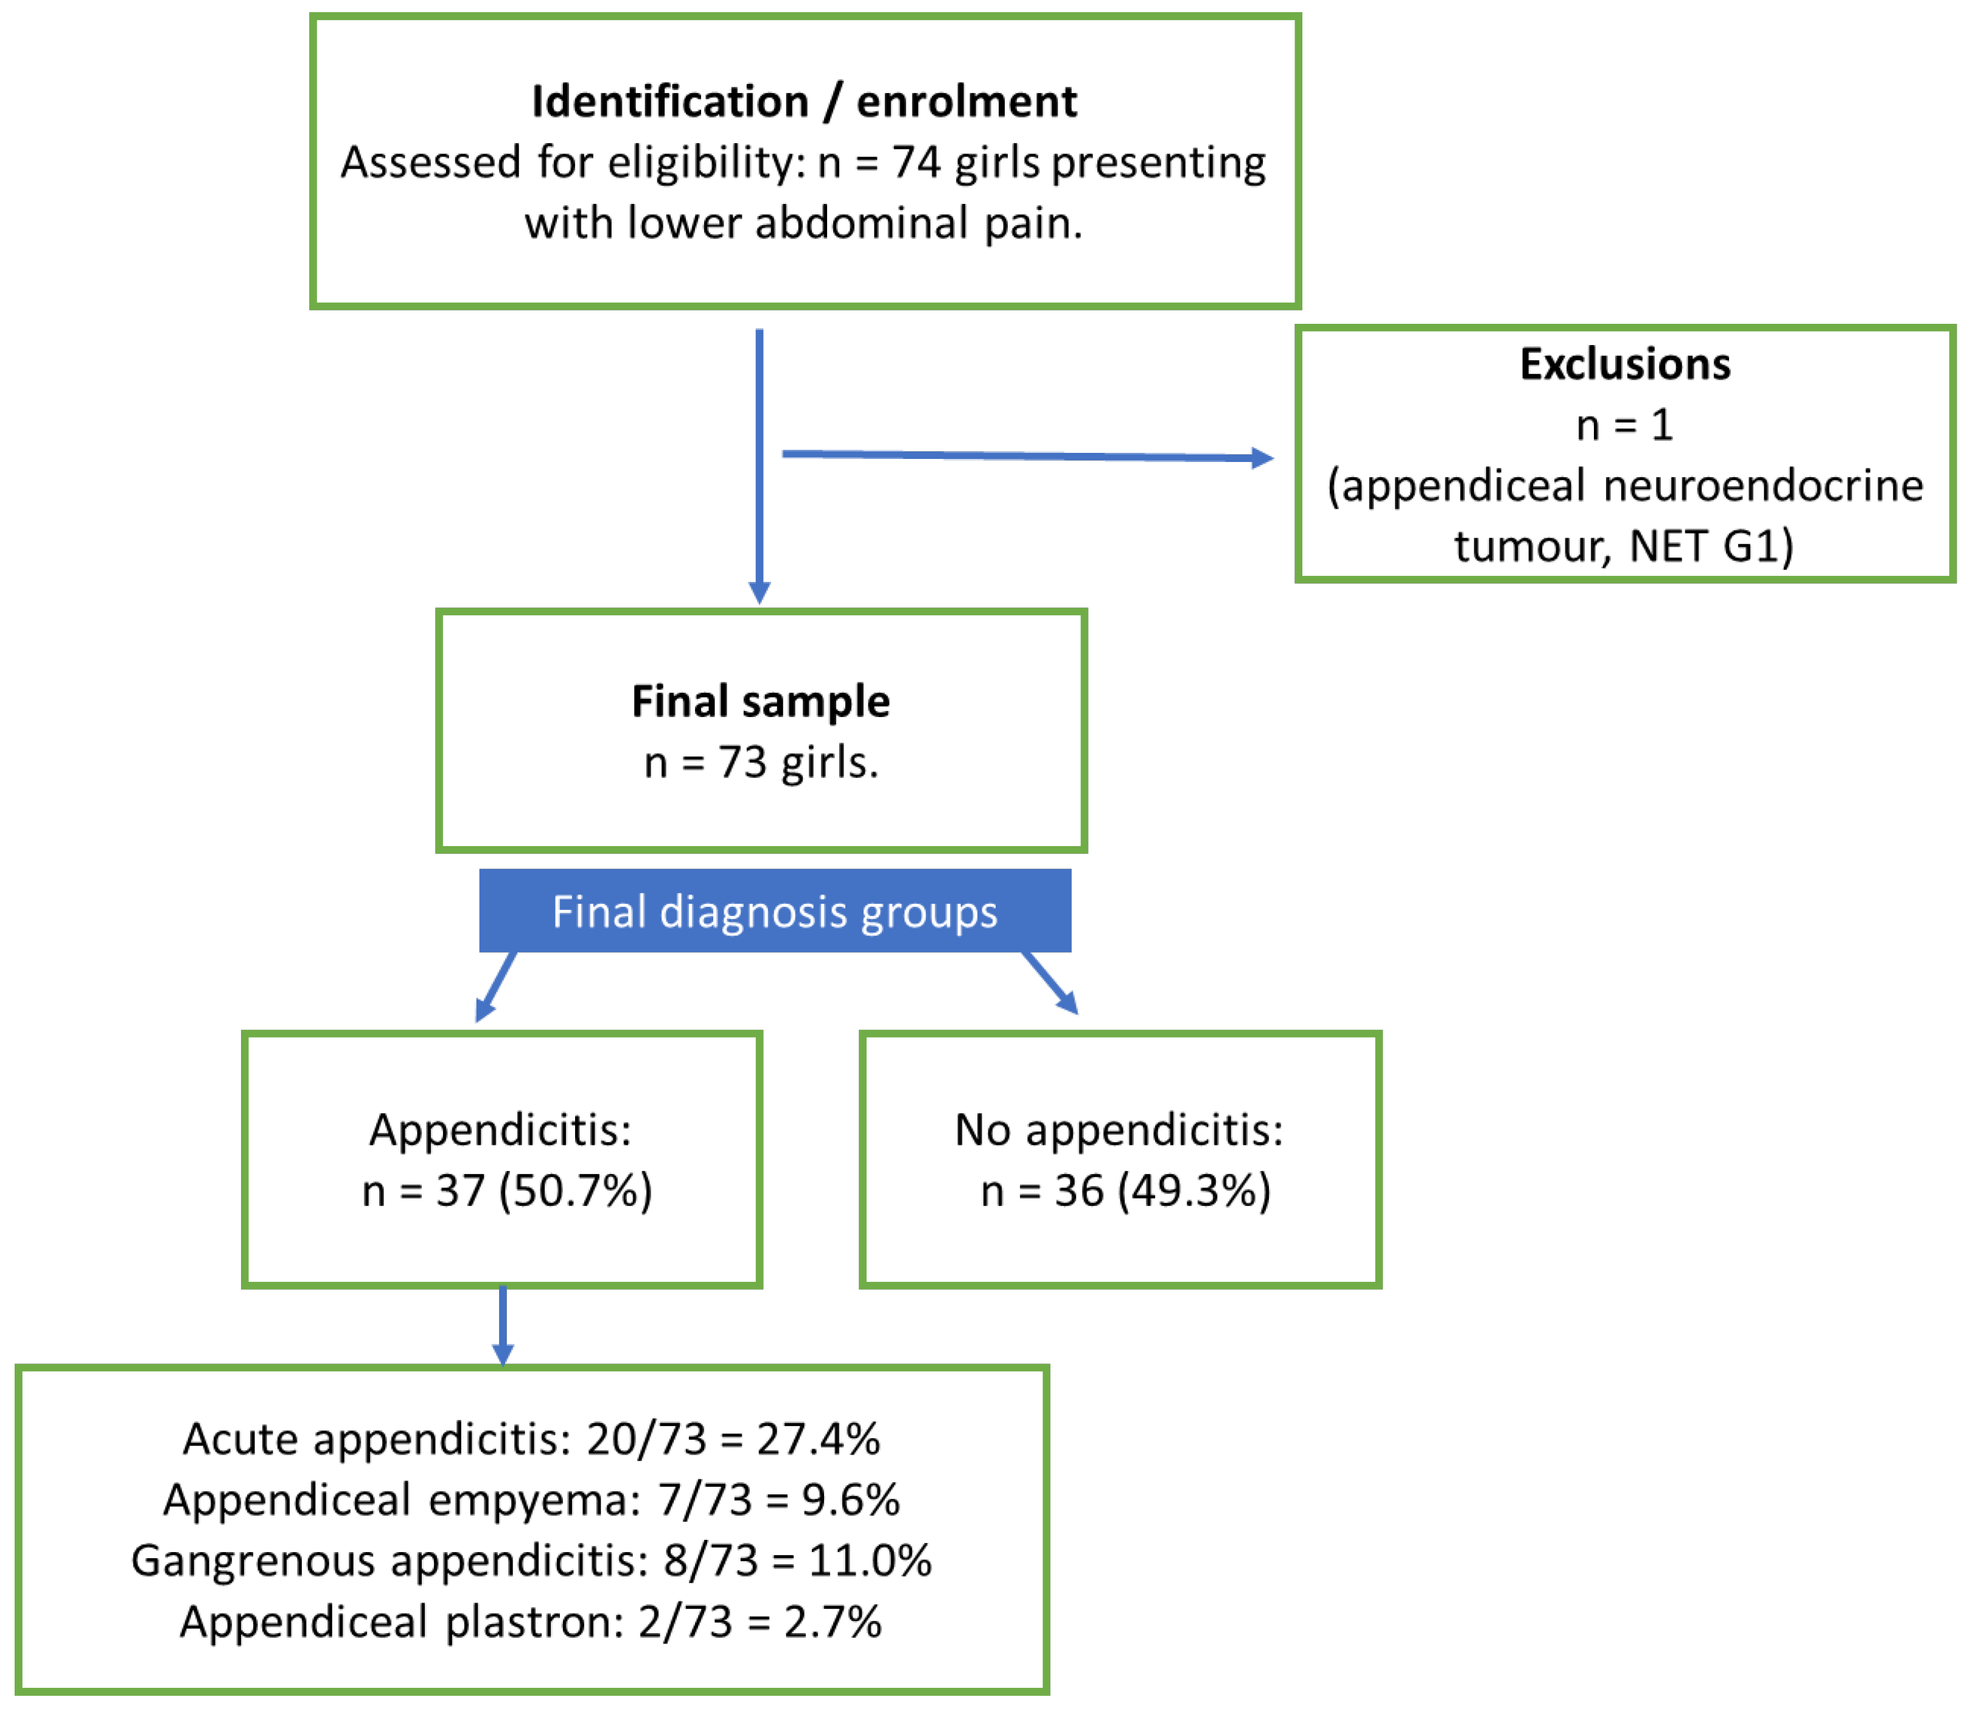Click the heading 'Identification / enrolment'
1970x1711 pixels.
pos(804,101)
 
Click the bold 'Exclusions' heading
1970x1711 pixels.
pos(1624,364)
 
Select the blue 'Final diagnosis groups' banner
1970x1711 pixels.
pos(774,910)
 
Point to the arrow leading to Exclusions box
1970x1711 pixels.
pos(1028,455)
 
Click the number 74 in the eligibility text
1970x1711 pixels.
pos(917,163)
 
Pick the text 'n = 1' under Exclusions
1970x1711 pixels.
pos(1624,425)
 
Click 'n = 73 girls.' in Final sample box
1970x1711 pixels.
pos(761,763)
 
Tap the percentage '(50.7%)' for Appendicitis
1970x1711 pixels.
pos(576,1191)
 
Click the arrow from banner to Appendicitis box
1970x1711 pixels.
pos(495,986)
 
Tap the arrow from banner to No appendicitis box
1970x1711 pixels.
pos(1050,982)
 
